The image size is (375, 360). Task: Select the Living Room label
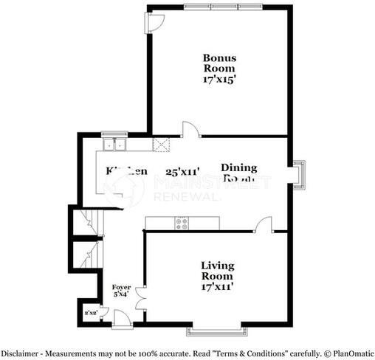pyautogui.click(x=217, y=271)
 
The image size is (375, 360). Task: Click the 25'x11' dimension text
pyautogui.click(x=182, y=172)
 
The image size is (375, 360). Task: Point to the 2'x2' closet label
pyautogui.click(x=92, y=314)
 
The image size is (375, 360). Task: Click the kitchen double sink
pyautogui.click(x=114, y=144)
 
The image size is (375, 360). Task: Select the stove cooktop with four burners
pyautogui.click(x=182, y=221)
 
